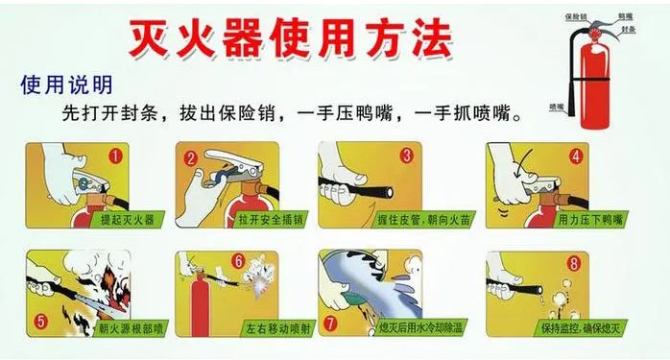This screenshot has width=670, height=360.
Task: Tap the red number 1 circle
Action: pyautogui.click(x=115, y=155)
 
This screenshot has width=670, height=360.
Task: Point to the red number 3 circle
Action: pyautogui.click(x=406, y=155)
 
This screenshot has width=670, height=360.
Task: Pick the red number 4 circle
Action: pyautogui.click(x=576, y=156)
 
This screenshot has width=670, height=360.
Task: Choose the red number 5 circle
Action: pyautogui.click(x=41, y=322)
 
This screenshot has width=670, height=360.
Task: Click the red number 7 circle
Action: pyautogui.click(x=330, y=324)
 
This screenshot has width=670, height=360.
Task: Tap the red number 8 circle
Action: pyautogui.click(x=573, y=261)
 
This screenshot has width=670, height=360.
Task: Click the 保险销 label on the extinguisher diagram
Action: pyautogui.click(x=576, y=16)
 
